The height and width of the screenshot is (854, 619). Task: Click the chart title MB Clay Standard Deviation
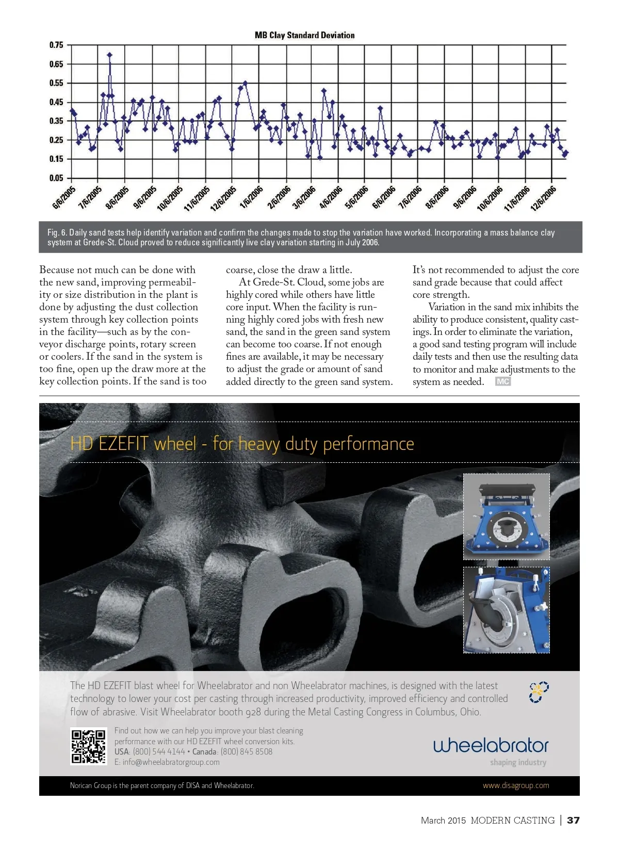[304, 35]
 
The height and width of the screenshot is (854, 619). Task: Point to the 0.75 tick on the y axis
[56, 45]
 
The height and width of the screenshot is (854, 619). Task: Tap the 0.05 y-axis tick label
[56, 178]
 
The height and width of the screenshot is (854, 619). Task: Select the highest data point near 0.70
[109, 55]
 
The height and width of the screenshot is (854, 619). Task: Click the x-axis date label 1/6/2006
[252, 197]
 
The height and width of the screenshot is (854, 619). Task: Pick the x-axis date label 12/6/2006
[544, 198]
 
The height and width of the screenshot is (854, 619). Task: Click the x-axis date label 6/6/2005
[64, 197]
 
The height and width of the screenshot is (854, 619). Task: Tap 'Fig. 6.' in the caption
[57, 232]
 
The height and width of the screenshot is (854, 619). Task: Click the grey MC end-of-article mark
[502, 381]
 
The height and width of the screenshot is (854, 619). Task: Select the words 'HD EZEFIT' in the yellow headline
[109, 444]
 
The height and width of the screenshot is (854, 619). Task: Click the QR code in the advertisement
[89, 746]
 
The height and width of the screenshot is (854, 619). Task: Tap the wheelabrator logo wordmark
[491, 745]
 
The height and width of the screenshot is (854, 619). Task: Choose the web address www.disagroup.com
[516, 785]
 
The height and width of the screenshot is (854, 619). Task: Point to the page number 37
[573, 820]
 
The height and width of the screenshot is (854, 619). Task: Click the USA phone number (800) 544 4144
[159, 751]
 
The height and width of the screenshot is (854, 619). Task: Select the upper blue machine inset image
[506, 516]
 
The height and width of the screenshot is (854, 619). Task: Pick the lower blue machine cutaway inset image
[506, 610]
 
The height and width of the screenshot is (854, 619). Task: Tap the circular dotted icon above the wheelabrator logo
[539, 693]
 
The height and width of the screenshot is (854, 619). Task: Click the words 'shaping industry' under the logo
[518, 762]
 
